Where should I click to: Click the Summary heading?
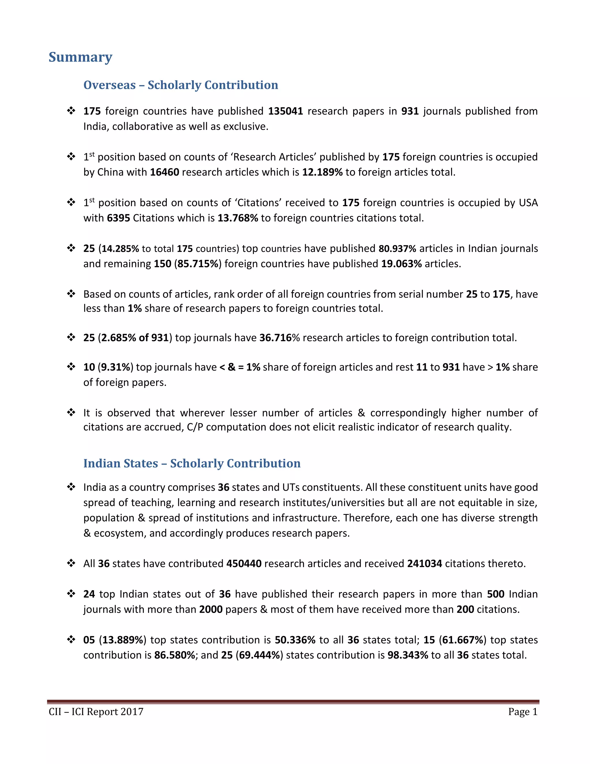click(x=80, y=57)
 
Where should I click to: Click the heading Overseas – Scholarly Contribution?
click(x=180, y=85)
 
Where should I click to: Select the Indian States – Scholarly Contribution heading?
click(x=192, y=463)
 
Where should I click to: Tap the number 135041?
click(x=285, y=111)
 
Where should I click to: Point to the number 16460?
click(x=164, y=172)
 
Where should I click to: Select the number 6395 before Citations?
click(x=118, y=218)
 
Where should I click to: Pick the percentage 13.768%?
click(x=238, y=218)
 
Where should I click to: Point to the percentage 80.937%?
click(x=397, y=249)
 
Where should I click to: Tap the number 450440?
click(x=244, y=564)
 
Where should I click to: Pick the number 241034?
click(x=424, y=564)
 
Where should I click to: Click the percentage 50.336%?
click(x=295, y=640)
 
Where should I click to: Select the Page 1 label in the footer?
click(x=523, y=712)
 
